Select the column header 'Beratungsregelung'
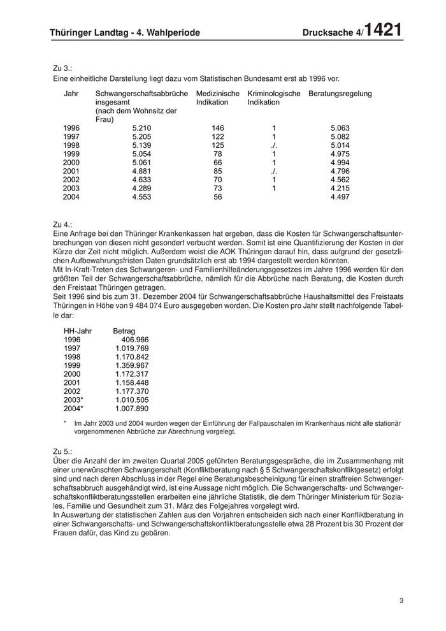click(x=340, y=94)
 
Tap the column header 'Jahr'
click(x=71, y=94)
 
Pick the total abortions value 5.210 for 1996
click(x=141, y=128)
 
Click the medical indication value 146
click(x=218, y=128)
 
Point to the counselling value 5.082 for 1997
click(x=340, y=136)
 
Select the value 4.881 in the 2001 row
click(x=141, y=171)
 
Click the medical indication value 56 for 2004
click(x=218, y=197)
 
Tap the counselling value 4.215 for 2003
click(x=340, y=188)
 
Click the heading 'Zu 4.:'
click(x=63, y=225)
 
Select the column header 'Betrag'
click(x=124, y=331)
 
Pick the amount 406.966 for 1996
click(x=134, y=340)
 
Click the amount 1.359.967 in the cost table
click(x=132, y=365)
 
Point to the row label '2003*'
click(x=73, y=400)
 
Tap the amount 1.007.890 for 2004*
click(x=132, y=409)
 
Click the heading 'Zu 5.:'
click(x=63, y=451)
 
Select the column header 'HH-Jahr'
click(x=78, y=331)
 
